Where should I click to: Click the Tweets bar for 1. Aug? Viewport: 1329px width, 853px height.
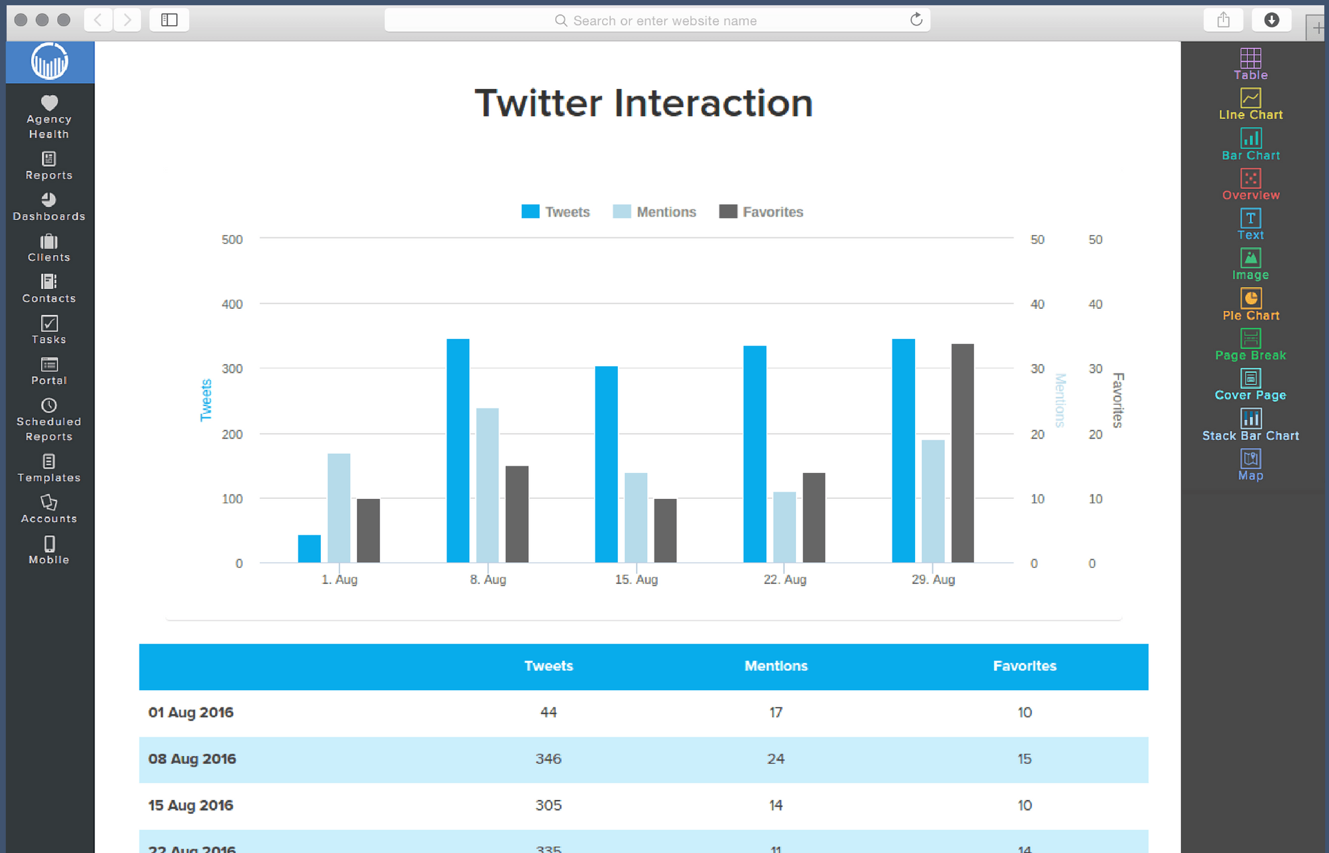pyautogui.click(x=309, y=549)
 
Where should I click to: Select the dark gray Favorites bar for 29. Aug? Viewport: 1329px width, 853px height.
pyautogui.click(x=962, y=453)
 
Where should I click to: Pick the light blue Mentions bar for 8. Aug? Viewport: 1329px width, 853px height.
pyautogui.click(x=487, y=485)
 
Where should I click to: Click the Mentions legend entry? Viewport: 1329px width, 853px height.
pyautogui.click(x=655, y=212)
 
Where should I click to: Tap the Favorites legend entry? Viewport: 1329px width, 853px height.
pyautogui.click(x=762, y=212)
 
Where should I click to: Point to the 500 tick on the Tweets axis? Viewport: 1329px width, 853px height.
pyautogui.click(x=232, y=239)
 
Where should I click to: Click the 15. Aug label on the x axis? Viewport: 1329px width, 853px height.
pyautogui.click(x=636, y=579)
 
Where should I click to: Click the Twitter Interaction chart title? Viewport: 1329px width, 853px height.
pyautogui.click(x=643, y=104)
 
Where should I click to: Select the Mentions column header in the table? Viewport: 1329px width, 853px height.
pyautogui.click(x=775, y=666)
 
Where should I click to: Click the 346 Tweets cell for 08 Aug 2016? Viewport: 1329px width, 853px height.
pyautogui.click(x=548, y=759)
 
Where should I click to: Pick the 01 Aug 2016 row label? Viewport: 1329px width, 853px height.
pyautogui.click(x=191, y=712)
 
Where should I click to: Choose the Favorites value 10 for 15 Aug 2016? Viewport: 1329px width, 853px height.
pyautogui.click(x=1024, y=805)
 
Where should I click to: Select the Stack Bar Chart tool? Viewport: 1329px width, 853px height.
pyautogui.click(x=1251, y=426)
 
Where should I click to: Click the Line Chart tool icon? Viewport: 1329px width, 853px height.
pyautogui.click(x=1251, y=98)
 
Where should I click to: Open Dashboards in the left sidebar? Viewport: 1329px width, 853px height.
pyautogui.click(x=49, y=207)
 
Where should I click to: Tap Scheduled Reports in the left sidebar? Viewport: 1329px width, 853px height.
pyautogui.click(x=49, y=420)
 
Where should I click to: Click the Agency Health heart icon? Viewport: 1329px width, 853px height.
pyautogui.click(x=49, y=103)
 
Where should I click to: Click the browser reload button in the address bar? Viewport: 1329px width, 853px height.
pyautogui.click(x=916, y=20)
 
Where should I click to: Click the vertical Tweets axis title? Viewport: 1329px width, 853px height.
pyautogui.click(x=206, y=400)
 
